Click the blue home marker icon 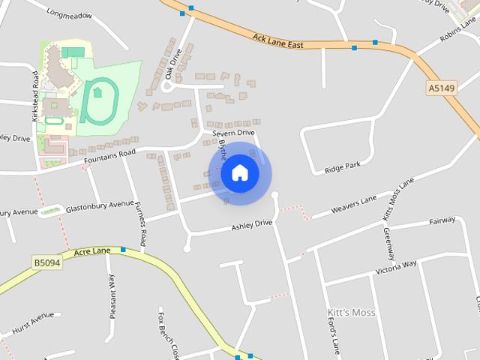[239, 172]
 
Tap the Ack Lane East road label [277, 40]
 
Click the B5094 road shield [46, 262]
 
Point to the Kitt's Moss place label [351, 312]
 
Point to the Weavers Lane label [354, 202]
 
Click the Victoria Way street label [395, 267]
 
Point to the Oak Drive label [173, 64]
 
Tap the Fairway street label [442, 221]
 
